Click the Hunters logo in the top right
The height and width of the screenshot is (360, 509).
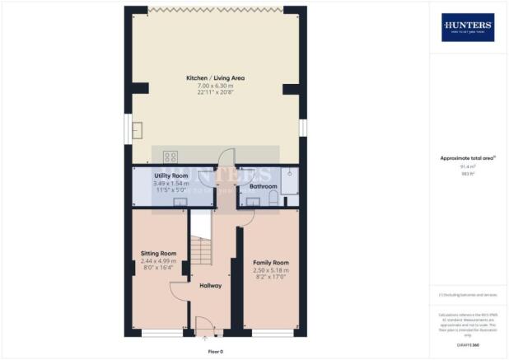point(468,27)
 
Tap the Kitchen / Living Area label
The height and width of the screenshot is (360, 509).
point(215,78)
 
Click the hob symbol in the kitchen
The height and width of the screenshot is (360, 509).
point(171,157)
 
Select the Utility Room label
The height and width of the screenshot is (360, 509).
point(171,176)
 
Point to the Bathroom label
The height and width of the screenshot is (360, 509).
point(264,187)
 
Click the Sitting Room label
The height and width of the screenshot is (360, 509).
point(157,253)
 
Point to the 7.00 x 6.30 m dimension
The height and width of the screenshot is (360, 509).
point(215,86)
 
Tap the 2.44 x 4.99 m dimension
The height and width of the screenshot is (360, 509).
point(157,260)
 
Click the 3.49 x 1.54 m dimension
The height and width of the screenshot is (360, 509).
point(171,184)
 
